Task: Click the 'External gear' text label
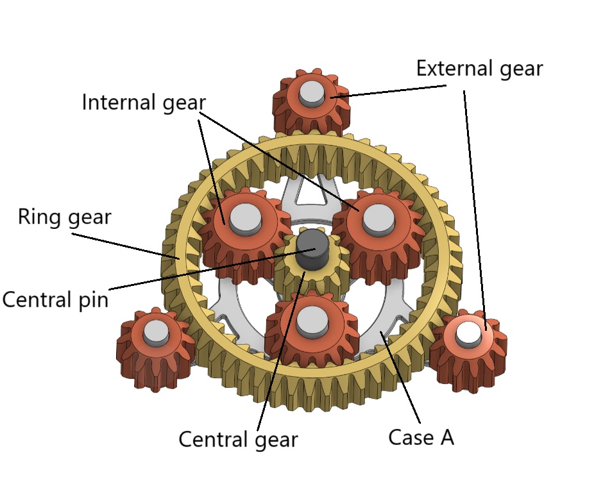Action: [479, 69]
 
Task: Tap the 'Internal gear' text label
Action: [144, 102]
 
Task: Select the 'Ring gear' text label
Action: [64, 217]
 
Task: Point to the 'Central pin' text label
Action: [55, 299]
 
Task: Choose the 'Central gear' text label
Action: [238, 440]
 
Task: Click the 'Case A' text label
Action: [421, 437]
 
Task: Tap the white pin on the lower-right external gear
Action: [468, 331]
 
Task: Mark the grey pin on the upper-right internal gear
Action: [378, 218]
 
